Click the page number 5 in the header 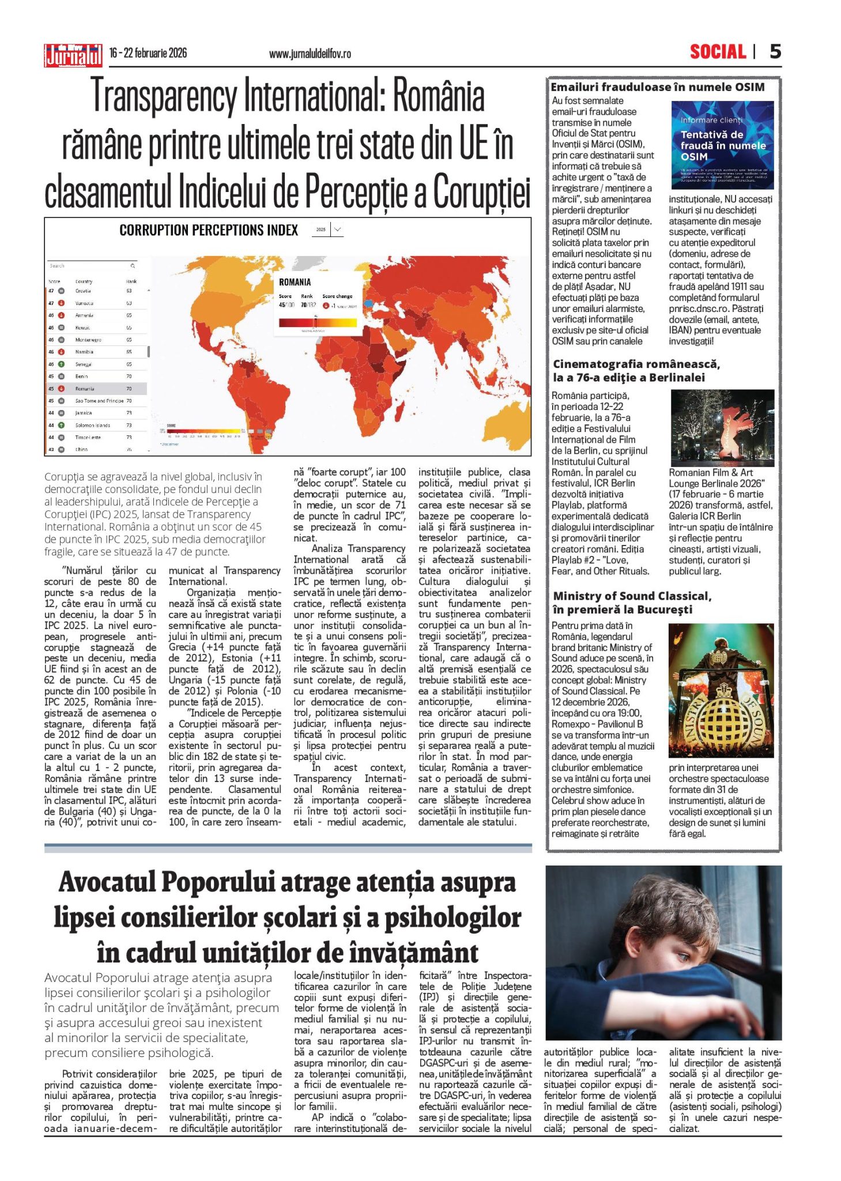point(775,52)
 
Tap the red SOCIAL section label point(718,52)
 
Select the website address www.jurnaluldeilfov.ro point(310,54)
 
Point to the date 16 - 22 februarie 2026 point(148,53)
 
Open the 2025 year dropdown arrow point(338,230)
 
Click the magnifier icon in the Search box point(133,266)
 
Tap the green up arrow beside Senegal point(61,364)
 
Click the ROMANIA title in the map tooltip point(295,282)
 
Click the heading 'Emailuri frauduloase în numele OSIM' point(657,88)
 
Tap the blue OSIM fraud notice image point(722,145)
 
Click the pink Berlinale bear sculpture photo point(722,428)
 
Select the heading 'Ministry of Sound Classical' point(632,596)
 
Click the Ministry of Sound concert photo point(721,690)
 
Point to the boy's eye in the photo point(684,956)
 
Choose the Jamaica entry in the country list point(84,413)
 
